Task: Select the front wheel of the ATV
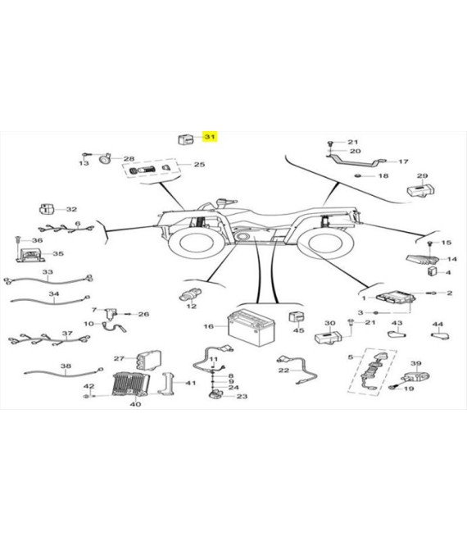coord(194,243)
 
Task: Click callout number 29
coord(422,176)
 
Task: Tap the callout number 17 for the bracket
coord(403,162)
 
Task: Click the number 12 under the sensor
coord(192,307)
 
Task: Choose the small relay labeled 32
coord(49,211)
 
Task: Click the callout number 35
coord(58,254)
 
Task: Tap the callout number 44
coord(438,324)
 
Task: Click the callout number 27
coord(118,359)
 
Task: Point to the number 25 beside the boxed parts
coord(199,165)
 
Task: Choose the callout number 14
coord(451,259)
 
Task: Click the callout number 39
coord(415,363)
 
